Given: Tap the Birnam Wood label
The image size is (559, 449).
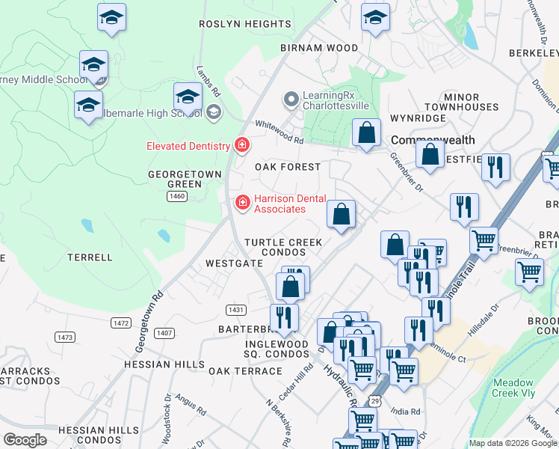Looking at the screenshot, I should pos(319,48).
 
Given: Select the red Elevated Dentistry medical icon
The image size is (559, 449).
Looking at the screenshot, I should pos(241,144).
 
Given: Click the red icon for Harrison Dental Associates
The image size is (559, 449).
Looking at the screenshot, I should pos(242,203).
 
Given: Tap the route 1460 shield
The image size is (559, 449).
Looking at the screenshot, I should pos(177,196).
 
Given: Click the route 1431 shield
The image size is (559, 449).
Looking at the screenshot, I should pos(235,309).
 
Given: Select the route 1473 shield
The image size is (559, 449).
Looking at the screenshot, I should pos(65,337).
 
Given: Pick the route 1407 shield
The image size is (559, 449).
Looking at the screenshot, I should pos(164,333).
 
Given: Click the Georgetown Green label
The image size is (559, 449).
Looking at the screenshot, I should pos(175,179).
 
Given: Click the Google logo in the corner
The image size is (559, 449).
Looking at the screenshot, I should pos(25,440).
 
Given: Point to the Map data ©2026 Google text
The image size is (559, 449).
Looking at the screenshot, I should pos(512,443).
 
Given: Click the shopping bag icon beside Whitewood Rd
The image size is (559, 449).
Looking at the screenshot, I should pos(366,134).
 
